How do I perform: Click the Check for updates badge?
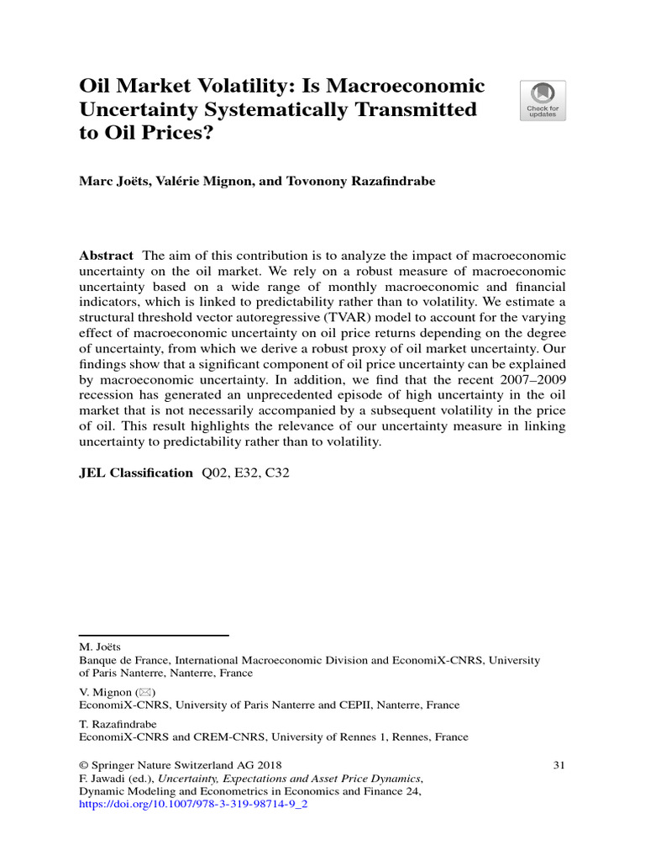pyautogui.click(x=543, y=101)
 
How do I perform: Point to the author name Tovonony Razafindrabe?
pyautogui.click(x=339, y=182)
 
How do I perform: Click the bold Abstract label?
pyautogui.click(x=106, y=256)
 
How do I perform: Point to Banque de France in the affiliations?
pyautogui.click(x=116, y=661)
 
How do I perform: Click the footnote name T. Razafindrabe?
pyautogui.click(x=118, y=724)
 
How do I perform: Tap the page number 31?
pyautogui.click(x=559, y=765)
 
